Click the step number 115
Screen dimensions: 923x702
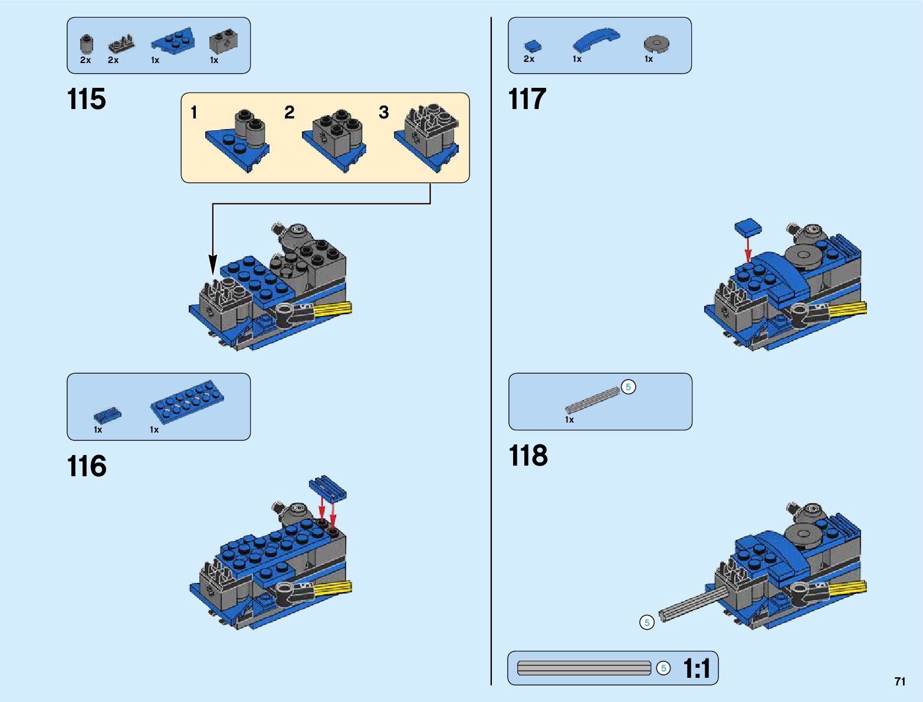tap(86, 99)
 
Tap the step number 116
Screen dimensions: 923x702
tap(87, 466)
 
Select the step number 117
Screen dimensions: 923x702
tap(527, 99)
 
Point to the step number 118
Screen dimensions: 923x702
tap(528, 456)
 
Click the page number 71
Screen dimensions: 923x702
tap(900, 681)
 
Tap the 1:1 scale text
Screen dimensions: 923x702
tap(697, 668)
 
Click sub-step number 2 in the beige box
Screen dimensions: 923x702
tap(290, 112)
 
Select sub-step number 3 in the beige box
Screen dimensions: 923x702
tap(383, 112)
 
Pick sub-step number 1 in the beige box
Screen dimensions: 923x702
tap(194, 112)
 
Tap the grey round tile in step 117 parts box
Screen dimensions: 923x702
tap(656, 44)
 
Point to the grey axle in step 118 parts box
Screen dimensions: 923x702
tap(593, 400)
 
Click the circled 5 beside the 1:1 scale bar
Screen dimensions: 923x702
tap(663, 668)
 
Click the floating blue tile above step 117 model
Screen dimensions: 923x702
tap(748, 227)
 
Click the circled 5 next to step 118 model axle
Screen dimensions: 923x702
tap(647, 622)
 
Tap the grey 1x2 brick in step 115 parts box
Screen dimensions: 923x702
tap(224, 41)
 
